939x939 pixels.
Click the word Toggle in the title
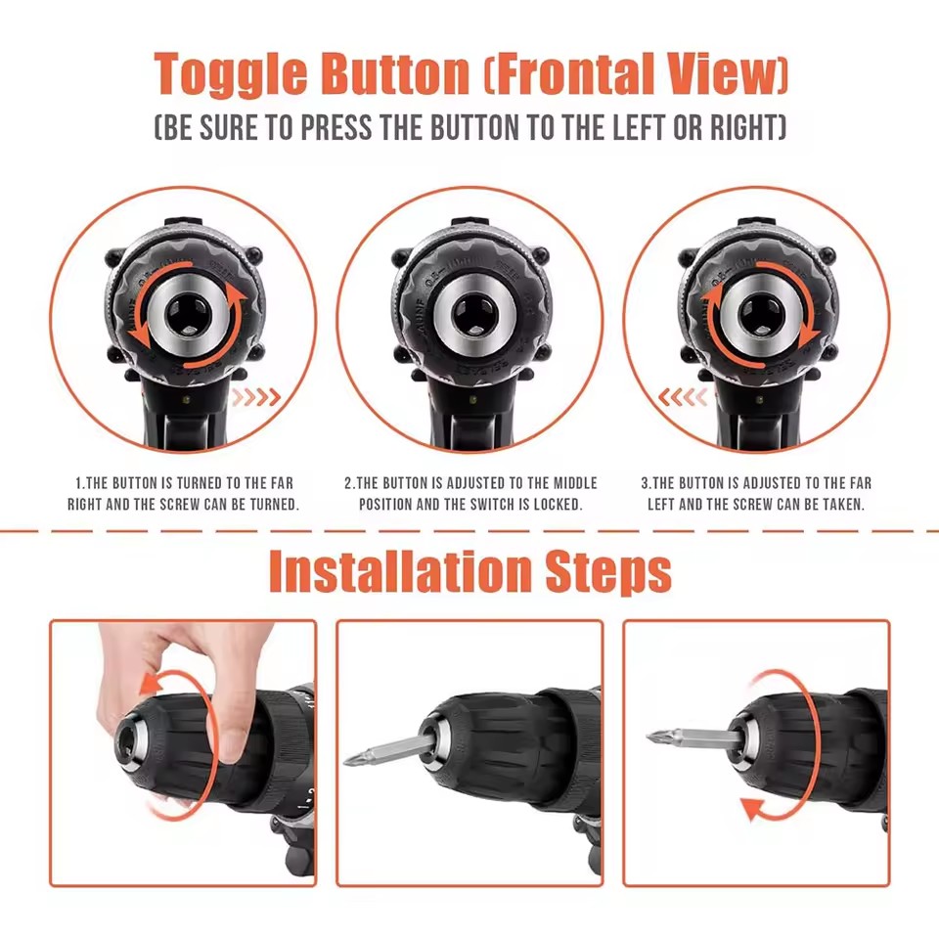(231, 74)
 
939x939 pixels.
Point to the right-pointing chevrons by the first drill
(256, 397)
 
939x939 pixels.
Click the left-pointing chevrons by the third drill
(683, 397)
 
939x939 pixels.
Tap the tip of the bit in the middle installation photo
(346, 761)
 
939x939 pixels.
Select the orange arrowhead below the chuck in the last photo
(754, 809)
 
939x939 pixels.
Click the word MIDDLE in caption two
(575, 483)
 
